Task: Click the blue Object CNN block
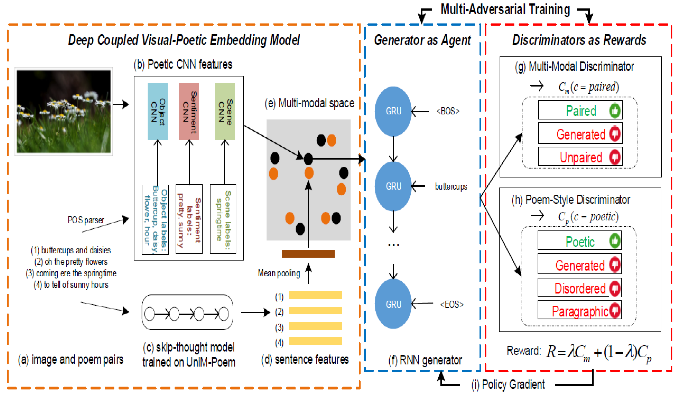158,111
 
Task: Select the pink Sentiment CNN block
189,111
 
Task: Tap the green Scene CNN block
225,111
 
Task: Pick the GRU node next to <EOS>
393,304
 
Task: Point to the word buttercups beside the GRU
451,186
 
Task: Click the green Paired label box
580,110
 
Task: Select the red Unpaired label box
580,156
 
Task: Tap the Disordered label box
579,288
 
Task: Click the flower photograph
64,111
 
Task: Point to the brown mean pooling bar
308,254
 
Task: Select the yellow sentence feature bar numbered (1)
315,295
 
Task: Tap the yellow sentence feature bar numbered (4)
315,341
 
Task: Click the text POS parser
86,220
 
